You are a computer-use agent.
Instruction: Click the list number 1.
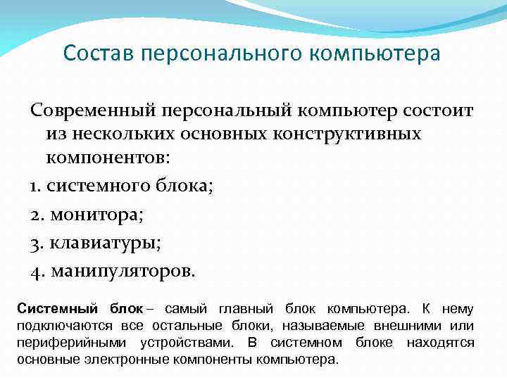35,186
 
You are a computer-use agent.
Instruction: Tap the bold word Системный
56,309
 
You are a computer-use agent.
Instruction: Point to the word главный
246,309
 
